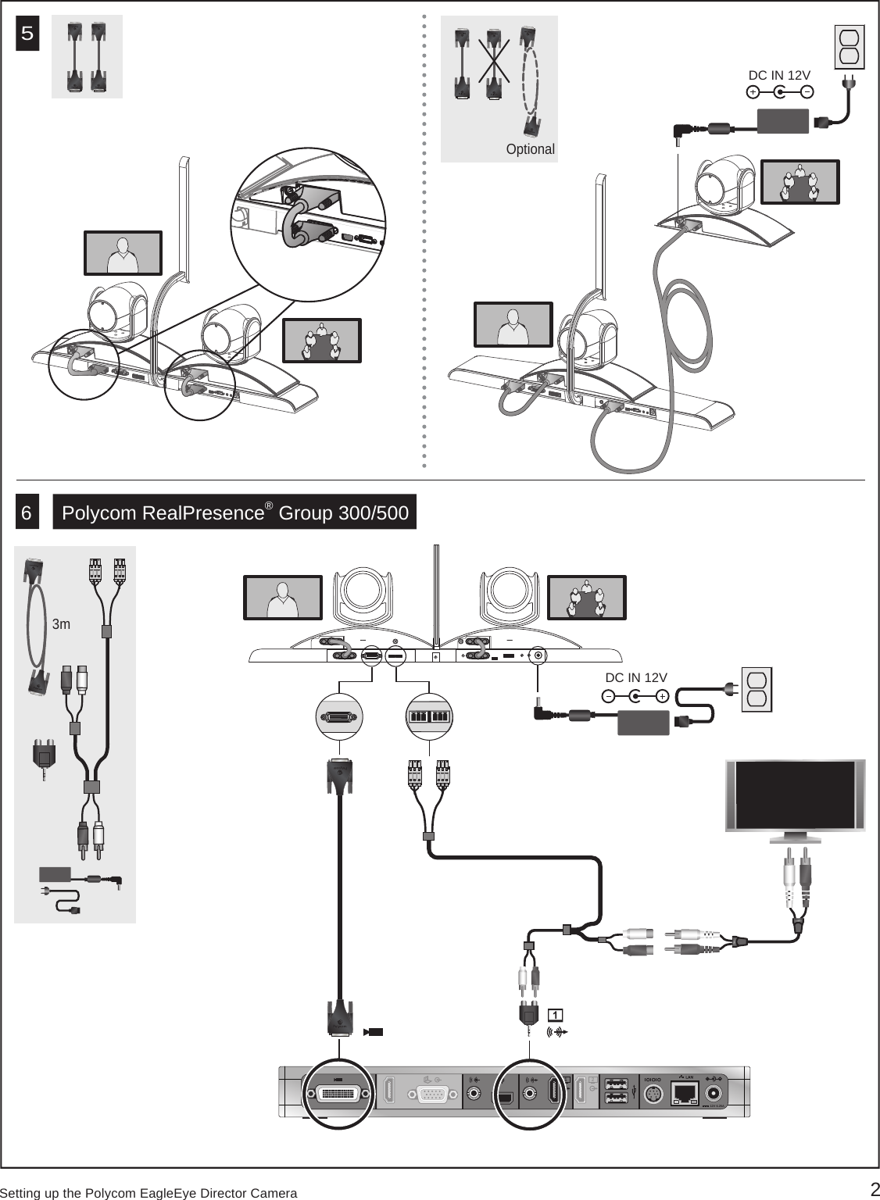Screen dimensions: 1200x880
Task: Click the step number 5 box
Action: (28, 34)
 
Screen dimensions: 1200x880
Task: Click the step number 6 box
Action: (27, 513)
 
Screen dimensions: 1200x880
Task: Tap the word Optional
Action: (530, 149)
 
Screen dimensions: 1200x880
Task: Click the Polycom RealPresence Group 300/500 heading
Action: (234, 513)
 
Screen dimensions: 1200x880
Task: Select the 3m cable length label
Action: (61, 624)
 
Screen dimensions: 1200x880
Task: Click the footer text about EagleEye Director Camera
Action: (148, 1193)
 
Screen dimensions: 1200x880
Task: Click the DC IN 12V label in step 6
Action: (636, 677)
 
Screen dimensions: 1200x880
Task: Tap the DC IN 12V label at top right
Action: (779, 75)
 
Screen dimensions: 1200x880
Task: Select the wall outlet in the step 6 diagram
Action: (756, 690)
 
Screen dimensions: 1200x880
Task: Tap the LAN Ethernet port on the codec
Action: (685, 1092)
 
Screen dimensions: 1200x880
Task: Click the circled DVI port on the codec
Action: (338, 1094)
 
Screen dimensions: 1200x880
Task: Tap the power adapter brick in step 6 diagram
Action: (643, 723)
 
